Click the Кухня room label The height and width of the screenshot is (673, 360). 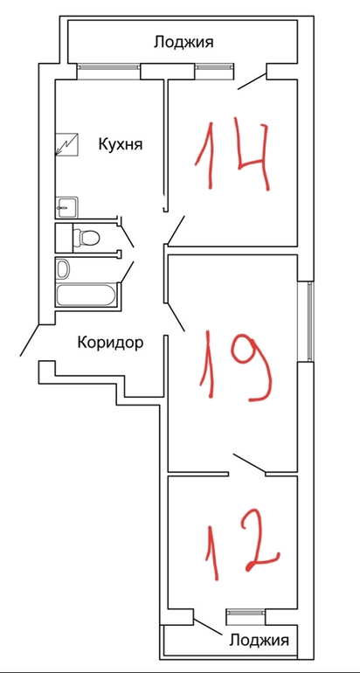[120, 144]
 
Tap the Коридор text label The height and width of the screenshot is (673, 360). [110, 343]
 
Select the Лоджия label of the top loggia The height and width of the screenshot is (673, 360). [183, 43]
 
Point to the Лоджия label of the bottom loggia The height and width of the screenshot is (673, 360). [259, 641]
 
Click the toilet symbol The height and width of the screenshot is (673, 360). [86, 237]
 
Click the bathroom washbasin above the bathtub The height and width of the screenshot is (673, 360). [64, 268]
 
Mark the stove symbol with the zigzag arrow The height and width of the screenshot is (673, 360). [66, 144]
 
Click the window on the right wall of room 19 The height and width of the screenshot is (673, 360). [311, 321]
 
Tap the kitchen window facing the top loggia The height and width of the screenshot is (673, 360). [109, 66]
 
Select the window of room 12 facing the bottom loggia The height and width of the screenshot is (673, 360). [246, 612]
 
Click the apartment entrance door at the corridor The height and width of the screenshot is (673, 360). [30, 340]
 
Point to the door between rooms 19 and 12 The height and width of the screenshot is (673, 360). [249, 464]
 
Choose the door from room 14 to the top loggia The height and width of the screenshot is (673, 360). [253, 82]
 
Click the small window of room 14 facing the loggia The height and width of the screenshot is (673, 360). [215, 66]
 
